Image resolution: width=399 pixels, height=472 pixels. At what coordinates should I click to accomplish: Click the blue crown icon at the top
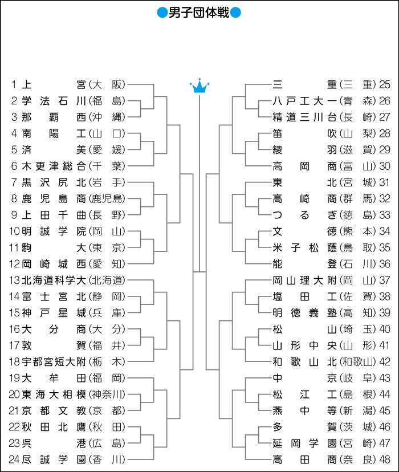199,87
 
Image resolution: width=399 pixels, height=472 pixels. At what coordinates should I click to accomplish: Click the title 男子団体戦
199,13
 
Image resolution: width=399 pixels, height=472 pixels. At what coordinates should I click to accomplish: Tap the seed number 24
14,459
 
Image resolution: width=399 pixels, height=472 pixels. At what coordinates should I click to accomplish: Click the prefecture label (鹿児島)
107,199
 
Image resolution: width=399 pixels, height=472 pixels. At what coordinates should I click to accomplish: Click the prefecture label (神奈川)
107,394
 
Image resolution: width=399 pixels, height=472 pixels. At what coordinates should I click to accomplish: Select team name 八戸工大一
305,101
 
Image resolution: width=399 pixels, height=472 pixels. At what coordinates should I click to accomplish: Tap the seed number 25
385,85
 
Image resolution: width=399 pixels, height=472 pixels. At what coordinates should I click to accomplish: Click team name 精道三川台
305,117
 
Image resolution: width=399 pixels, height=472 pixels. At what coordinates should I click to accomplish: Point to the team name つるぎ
305,215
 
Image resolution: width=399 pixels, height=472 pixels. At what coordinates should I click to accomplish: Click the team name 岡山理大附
305,280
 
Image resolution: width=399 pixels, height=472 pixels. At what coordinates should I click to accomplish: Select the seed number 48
385,459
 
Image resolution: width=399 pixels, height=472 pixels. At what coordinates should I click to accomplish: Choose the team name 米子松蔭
305,248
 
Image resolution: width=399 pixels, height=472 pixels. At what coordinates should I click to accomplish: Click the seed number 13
14,280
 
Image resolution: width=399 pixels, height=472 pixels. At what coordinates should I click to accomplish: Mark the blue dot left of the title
161,13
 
